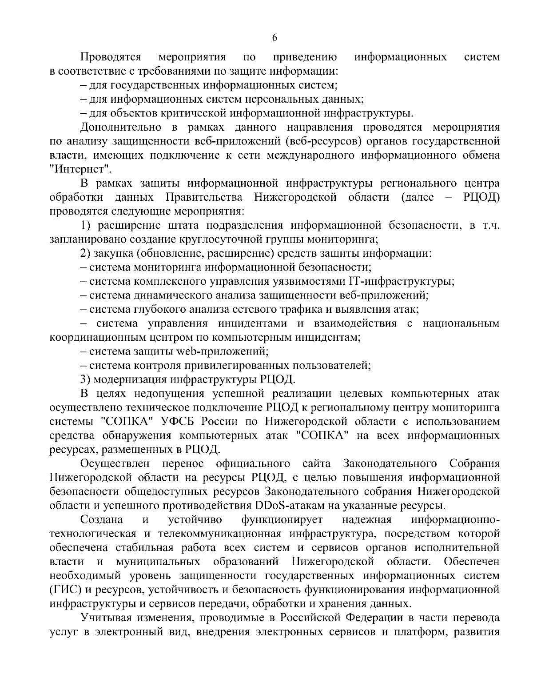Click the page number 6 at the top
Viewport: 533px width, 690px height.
[x=274, y=38]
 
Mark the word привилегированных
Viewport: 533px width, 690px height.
[x=236, y=366]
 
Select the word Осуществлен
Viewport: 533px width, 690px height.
[x=117, y=464]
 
